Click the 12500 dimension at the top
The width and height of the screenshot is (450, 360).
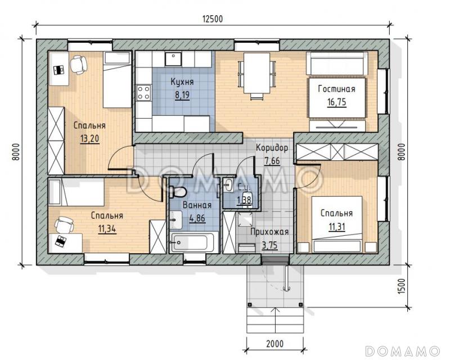click(x=213, y=19)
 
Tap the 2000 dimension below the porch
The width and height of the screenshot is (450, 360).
click(x=274, y=344)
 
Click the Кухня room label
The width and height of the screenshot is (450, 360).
click(x=182, y=82)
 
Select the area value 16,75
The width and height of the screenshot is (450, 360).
click(x=336, y=102)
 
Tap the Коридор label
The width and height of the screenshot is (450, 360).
click(x=272, y=148)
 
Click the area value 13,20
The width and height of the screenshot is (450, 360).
click(x=89, y=139)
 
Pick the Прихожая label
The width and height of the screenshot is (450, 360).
click(x=269, y=232)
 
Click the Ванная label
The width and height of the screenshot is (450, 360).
click(x=197, y=205)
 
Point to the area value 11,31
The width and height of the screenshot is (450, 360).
click(x=337, y=227)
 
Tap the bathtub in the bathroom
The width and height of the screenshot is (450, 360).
click(x=191, y=242)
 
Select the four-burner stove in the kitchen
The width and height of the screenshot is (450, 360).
click(x=143, y=93)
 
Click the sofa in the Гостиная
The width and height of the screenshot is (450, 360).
click(x=337, y=63)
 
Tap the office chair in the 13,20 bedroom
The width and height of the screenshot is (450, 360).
click(x=78, y=64)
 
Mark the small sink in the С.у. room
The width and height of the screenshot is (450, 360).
click(x=228, y=185)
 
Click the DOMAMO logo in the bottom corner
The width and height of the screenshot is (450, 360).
click(x=403, y=351)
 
